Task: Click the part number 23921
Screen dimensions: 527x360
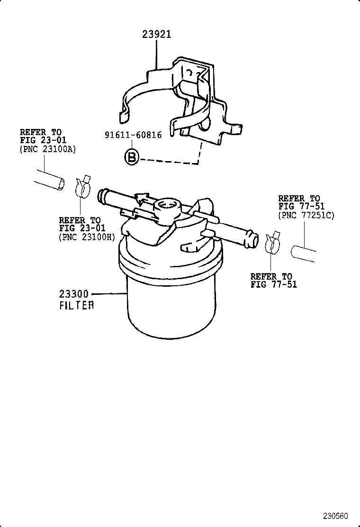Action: pos(156,35)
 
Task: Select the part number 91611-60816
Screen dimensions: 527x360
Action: pos(133,135)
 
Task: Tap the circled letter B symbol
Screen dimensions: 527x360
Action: pos(132,157)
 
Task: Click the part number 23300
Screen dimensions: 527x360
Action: pos(74,294)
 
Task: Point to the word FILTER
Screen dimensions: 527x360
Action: pos(77,306)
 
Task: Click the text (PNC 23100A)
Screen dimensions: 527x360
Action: pos(47,149)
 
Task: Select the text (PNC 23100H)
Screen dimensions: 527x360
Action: pos(87,237)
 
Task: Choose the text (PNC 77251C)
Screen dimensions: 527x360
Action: pos(306,215)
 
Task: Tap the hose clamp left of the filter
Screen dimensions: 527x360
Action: pos(83,186)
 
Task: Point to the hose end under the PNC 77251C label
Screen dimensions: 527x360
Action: pos(303,252)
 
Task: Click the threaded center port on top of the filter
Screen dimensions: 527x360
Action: pos(165,206)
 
